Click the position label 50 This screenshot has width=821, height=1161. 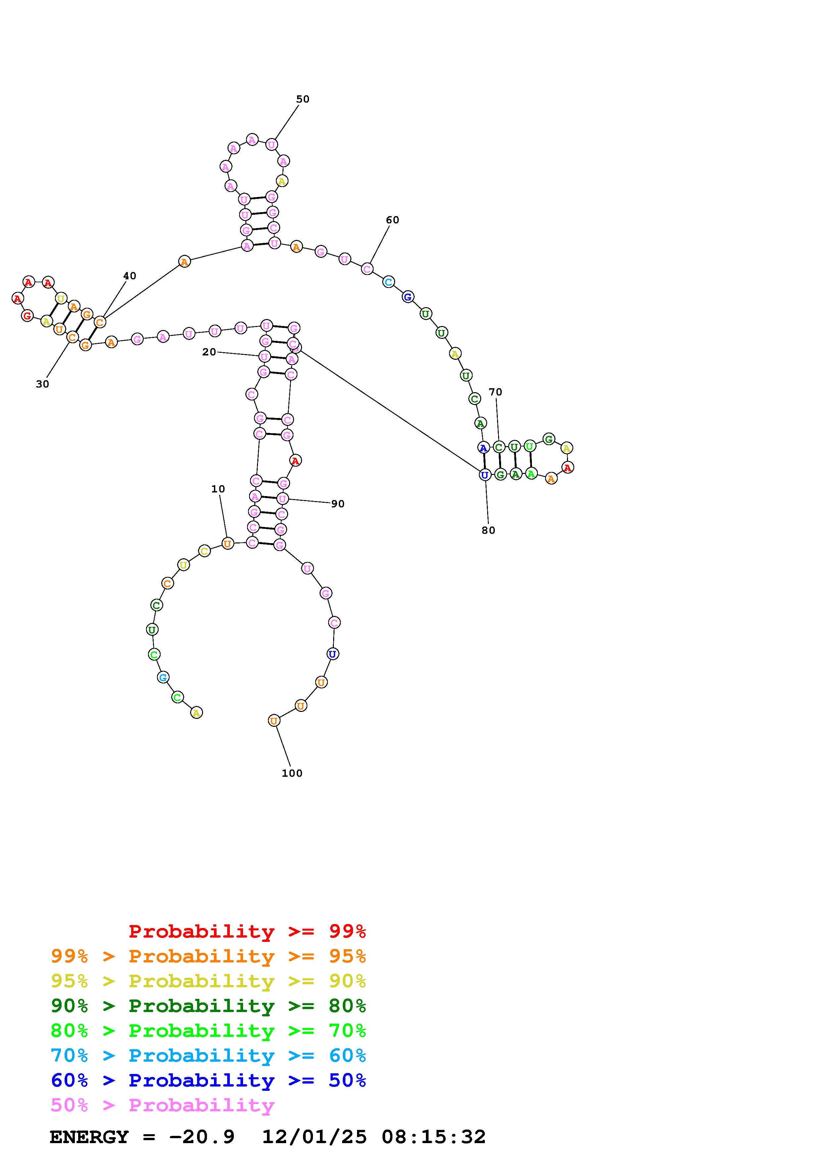302,99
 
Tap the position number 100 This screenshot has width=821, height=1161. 292,773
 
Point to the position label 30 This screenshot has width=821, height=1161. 42,384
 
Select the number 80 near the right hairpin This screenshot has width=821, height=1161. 488,531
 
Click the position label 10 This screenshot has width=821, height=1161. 218,489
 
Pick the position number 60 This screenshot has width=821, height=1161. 392,220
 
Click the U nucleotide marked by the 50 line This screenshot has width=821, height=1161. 272,145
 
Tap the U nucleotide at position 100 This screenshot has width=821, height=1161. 274,720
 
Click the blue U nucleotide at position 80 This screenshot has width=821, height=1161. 485,475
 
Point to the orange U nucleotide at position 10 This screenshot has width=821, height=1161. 228,543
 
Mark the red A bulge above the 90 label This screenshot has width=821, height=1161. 295,460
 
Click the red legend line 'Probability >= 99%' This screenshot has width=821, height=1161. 247,931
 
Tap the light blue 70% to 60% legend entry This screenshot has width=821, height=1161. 208,1055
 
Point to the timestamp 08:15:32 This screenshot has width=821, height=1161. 434,1137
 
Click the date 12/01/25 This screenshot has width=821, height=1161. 314,1137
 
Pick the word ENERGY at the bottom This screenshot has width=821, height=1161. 89,1137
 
